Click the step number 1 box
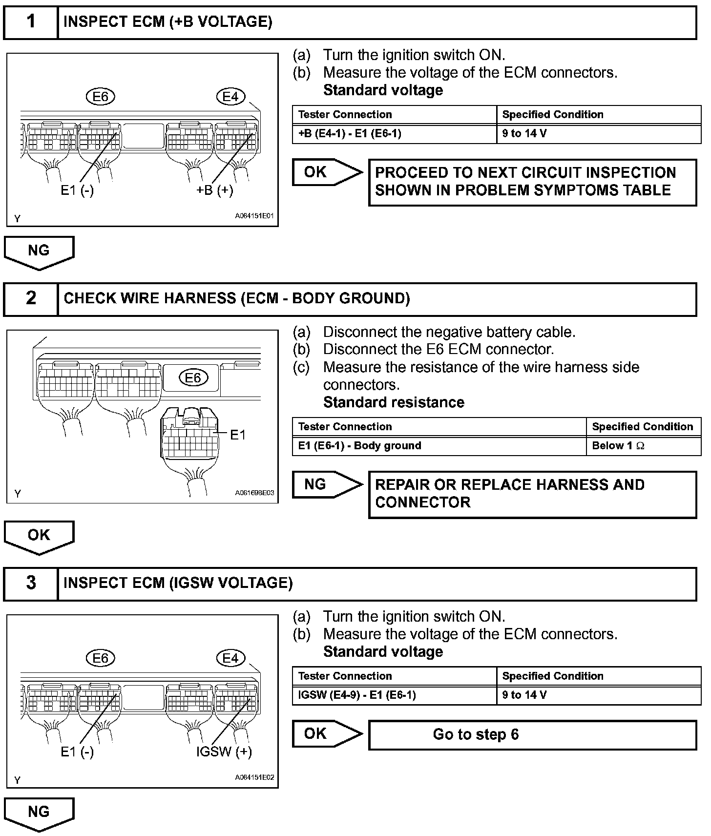pyautogui.click(x=31, y=22)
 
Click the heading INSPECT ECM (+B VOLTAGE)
pyautogui.click(x=167, y=22)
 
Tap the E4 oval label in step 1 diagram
pyautogui.click(x=230, y=97)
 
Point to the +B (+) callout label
pyautogui.click(x=215, y=190)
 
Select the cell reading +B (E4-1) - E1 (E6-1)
pyautogui.click(x=394, y=133)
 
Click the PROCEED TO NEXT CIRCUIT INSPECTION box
pyautogui.click(x=532, y=182)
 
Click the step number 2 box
pyautogui.click(x=31, y=298)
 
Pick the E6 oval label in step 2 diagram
pyautogui.click(x=193, y=377)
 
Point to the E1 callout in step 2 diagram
pyautogui.click(x=237, y=435)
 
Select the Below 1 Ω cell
pyautogui.click(x=643, y=445)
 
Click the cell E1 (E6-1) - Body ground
pyautogui.click(x=439, y=445)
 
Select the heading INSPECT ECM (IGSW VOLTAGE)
pyautogui.click(x=178, y=583)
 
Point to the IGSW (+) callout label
pyautogui.click(x=224, y=752)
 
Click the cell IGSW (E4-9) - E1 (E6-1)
pyautogui.click(x=394, y=695)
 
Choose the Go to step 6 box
pyautogui.click(x=532, y=734)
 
